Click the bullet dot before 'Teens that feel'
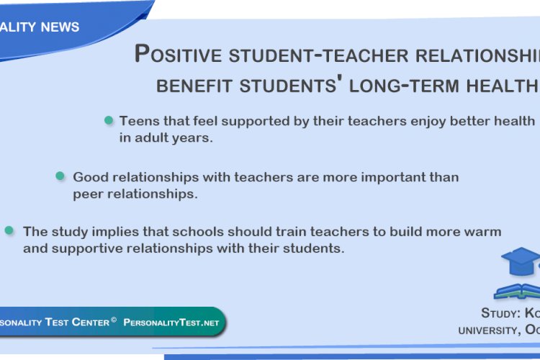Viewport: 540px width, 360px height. click(109, 120)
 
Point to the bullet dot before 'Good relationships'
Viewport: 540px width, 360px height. click(60, 176)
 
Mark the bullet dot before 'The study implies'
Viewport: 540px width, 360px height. click(9, 230)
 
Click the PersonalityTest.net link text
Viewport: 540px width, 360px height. click(171, 323)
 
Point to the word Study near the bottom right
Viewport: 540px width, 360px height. click(500, 313)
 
